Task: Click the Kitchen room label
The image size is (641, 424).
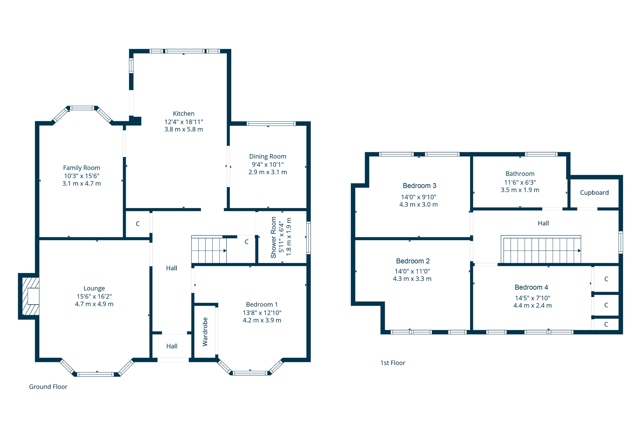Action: pyautogui.click(x=184, y=113)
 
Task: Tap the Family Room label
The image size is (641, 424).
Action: pyautogui.click(x=82, y=168)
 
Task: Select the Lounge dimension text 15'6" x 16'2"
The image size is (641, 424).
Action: pyautogui.click(x=94, y=296)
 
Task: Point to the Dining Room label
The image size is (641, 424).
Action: pyautogui.click(x=268, y=156)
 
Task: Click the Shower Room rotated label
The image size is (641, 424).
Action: pyautogui.click(x=273, y=237)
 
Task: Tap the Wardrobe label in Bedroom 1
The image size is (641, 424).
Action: pyautogui.click(x=205, y=332)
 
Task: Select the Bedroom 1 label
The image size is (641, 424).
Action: pyautogui.click(x=262, y=305)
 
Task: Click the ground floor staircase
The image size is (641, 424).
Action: pyautogui.click(x=209, y=250)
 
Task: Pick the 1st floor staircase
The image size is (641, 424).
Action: pyautogui.click(x=541, y=249)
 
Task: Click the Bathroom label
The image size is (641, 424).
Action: pyautogui.click(x=520, y=174)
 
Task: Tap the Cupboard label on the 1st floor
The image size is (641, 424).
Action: pyautogui.click(x=594, y=193)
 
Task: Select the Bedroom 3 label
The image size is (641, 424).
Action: pyautogui.click(x=419, y=186)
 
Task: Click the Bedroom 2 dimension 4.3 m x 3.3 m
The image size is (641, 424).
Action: pyautogui.click(x=412, y=279)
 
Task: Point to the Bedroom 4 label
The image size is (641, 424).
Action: pyautogui.click(x=531, y=287)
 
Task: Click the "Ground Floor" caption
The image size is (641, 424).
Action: pyautogui.click(x=48, y=387)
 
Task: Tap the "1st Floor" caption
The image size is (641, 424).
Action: pyautogui.click(x=393, y=363)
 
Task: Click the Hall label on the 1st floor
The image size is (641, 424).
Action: pyautogui.click(x=543, y=223)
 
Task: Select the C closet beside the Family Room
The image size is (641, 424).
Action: pyautogui.click(x=138, y=224)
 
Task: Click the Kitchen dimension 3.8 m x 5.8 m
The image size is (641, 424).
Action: pyautogui.click(x=184, y=129)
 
